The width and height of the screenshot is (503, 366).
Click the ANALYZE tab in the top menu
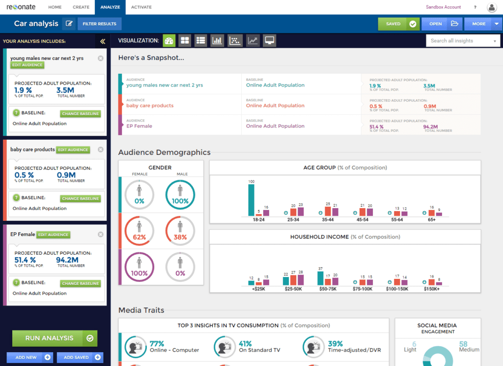point(111,7)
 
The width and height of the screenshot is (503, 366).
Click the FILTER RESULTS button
point(99,24)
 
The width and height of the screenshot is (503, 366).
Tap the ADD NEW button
point(29,357)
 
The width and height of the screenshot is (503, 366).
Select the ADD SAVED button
point(80,357)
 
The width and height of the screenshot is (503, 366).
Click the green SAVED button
point(398,24)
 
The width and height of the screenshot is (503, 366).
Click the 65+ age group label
point(432,219)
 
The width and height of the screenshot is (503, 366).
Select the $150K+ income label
point(432,289)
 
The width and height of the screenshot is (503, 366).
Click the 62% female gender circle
point(139,231)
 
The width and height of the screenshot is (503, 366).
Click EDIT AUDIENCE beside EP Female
point(54,235)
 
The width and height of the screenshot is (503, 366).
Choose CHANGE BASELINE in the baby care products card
point(81,199)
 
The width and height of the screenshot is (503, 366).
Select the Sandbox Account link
point(443,7)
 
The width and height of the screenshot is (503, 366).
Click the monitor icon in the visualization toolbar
point(269,41)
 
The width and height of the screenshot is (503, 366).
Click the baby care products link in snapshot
point(150,105)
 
